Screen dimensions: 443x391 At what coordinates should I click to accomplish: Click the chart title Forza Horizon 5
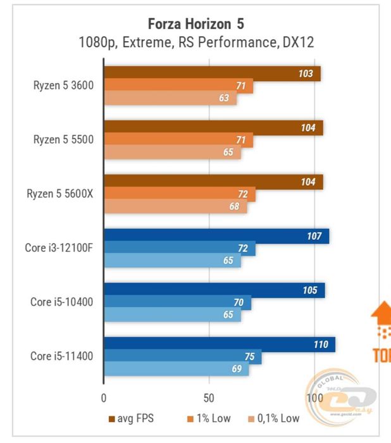[195, 24]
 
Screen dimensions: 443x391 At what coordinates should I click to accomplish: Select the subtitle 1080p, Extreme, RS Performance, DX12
[195, 42]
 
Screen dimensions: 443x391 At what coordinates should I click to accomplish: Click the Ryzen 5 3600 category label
[63, 85]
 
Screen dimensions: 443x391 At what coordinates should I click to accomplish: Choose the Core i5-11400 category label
[61, 356]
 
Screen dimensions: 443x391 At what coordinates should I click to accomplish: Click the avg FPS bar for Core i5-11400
[219, 344]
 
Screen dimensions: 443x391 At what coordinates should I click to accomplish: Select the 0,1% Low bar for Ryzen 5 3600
[170, 98]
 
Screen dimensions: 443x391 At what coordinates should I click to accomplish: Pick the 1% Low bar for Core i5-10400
[177, 303]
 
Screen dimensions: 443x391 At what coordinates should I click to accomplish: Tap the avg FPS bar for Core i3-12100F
[216, 236]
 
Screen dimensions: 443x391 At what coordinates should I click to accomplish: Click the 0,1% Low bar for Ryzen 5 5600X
[175, 206]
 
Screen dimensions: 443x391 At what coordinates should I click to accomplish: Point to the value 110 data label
[321, 344]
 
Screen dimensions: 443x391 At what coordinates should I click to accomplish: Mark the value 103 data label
[306, 73]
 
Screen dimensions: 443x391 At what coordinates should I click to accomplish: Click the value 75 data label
[249, 357]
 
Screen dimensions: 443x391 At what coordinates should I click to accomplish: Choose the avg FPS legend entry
[131, 418]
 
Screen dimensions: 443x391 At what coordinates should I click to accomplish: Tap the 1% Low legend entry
[209, 418]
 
